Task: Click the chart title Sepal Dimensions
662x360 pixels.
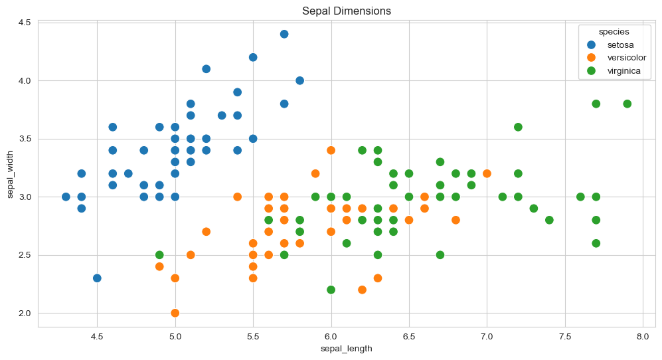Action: [x=346, y=11]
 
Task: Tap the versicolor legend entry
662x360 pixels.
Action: [x=626, y=58]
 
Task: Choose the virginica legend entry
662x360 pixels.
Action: [x=624, y=71]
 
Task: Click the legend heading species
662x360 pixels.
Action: [x=614, y=31]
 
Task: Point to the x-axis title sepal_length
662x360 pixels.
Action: [x=346, y=349]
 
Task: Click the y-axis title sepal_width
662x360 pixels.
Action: [x=11, y=174]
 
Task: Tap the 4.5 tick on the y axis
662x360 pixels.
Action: [x=25, y=23]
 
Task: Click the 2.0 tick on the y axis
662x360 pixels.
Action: [x=25, y=313]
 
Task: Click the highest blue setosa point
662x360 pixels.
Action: [x=284, y=34]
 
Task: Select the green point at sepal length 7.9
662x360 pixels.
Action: [x=627, y=104]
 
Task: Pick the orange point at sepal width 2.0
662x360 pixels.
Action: [x=175, y=313]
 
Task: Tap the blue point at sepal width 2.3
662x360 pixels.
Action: [x=97, y=278]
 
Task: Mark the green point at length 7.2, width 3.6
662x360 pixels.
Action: [x=518, y=127]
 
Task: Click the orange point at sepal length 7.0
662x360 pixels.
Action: [x=487, y=173]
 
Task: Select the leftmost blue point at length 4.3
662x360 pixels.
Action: [x=66, y=197]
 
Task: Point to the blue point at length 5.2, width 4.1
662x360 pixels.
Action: [x=206, y=69]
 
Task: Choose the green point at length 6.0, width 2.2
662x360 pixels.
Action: [x=331, y=290]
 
